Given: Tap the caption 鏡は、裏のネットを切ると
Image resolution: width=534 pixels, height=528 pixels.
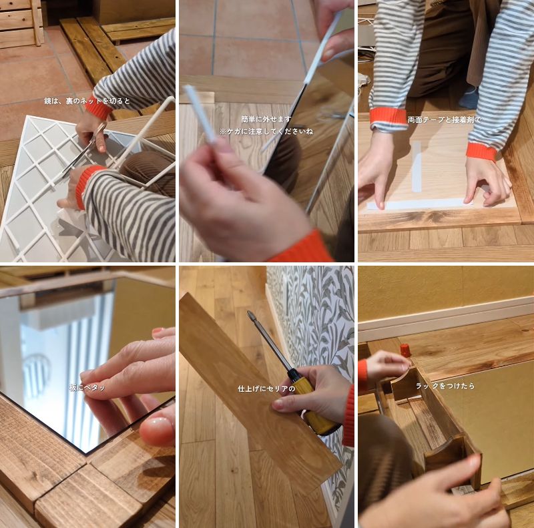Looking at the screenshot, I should tap(87, 101).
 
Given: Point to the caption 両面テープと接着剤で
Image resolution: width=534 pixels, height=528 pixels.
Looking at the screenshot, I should tap(444, 120).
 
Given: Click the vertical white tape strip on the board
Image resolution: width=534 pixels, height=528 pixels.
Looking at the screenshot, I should tap(416, 167).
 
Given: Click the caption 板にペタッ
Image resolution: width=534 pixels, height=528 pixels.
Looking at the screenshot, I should tap(87, 387).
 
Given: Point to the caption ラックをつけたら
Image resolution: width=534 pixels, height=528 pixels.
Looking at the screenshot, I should tap(444, 386).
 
